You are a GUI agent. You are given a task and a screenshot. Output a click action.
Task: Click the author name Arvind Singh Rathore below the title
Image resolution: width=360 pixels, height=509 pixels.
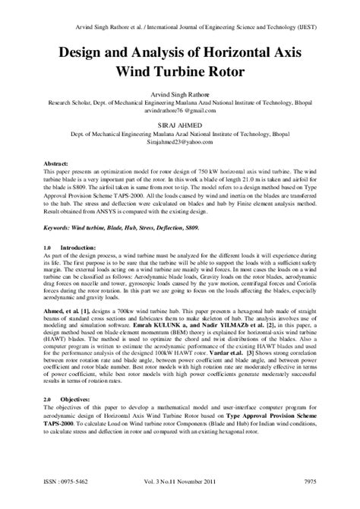point(180,93)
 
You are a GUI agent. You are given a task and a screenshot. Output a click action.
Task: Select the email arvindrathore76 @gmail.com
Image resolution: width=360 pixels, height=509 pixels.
point(180,109)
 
